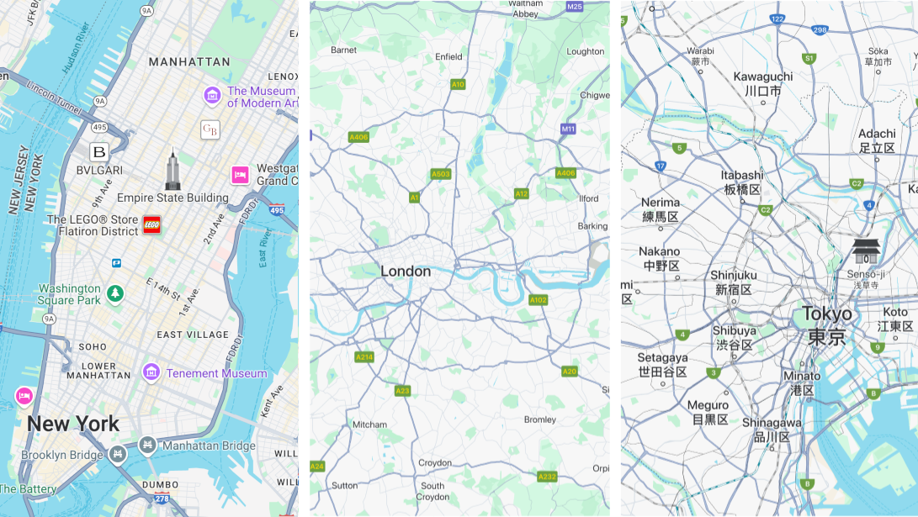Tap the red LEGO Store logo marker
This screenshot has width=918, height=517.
[x=151, y=224]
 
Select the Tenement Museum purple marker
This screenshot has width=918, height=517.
[x=151, y=372]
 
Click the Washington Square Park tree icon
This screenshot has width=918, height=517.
[x=114, y=294]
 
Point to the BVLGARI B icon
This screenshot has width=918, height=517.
[x=99, y=152]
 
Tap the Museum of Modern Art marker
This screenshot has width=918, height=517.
[x=212, y=97]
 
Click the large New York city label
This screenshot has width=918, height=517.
[x=73, y=424]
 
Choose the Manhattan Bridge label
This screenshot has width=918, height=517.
[x=209, y=446]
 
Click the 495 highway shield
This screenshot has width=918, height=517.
[x=100, y=128]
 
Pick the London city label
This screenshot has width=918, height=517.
[x=406, y=272]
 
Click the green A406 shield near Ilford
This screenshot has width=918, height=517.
[x=565, y=173]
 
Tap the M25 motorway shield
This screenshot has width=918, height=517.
[x=575, y=6]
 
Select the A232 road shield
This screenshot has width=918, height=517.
[x=547, y=477]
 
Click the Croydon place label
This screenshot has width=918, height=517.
[x=435, y=463]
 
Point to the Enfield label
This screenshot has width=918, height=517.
[x=448, y=57]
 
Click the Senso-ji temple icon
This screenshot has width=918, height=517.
[x=867, y=251]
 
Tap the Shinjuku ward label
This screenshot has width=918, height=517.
[x=733, y=282]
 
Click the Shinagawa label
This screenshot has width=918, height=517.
[x=772, y=430]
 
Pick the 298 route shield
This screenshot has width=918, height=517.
[x=820, y=30]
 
